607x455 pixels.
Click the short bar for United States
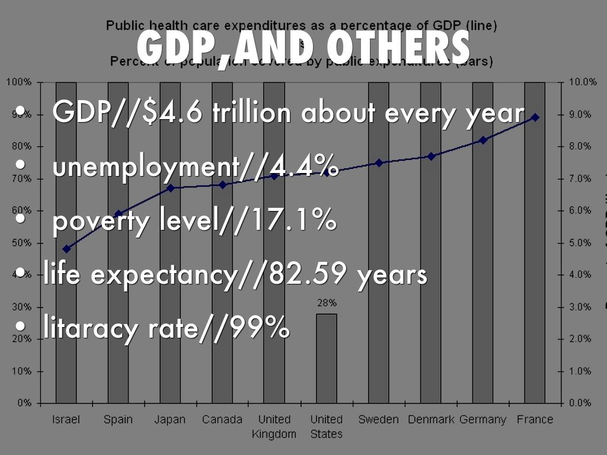326,358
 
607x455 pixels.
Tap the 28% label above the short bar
327,303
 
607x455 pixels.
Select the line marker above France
535,117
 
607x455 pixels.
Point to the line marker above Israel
66,249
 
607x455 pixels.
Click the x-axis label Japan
170,419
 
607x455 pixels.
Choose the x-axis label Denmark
431,419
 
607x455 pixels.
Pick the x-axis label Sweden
378,419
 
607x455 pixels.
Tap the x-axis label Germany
483,419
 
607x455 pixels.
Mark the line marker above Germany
483,140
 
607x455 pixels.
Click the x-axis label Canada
222,419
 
